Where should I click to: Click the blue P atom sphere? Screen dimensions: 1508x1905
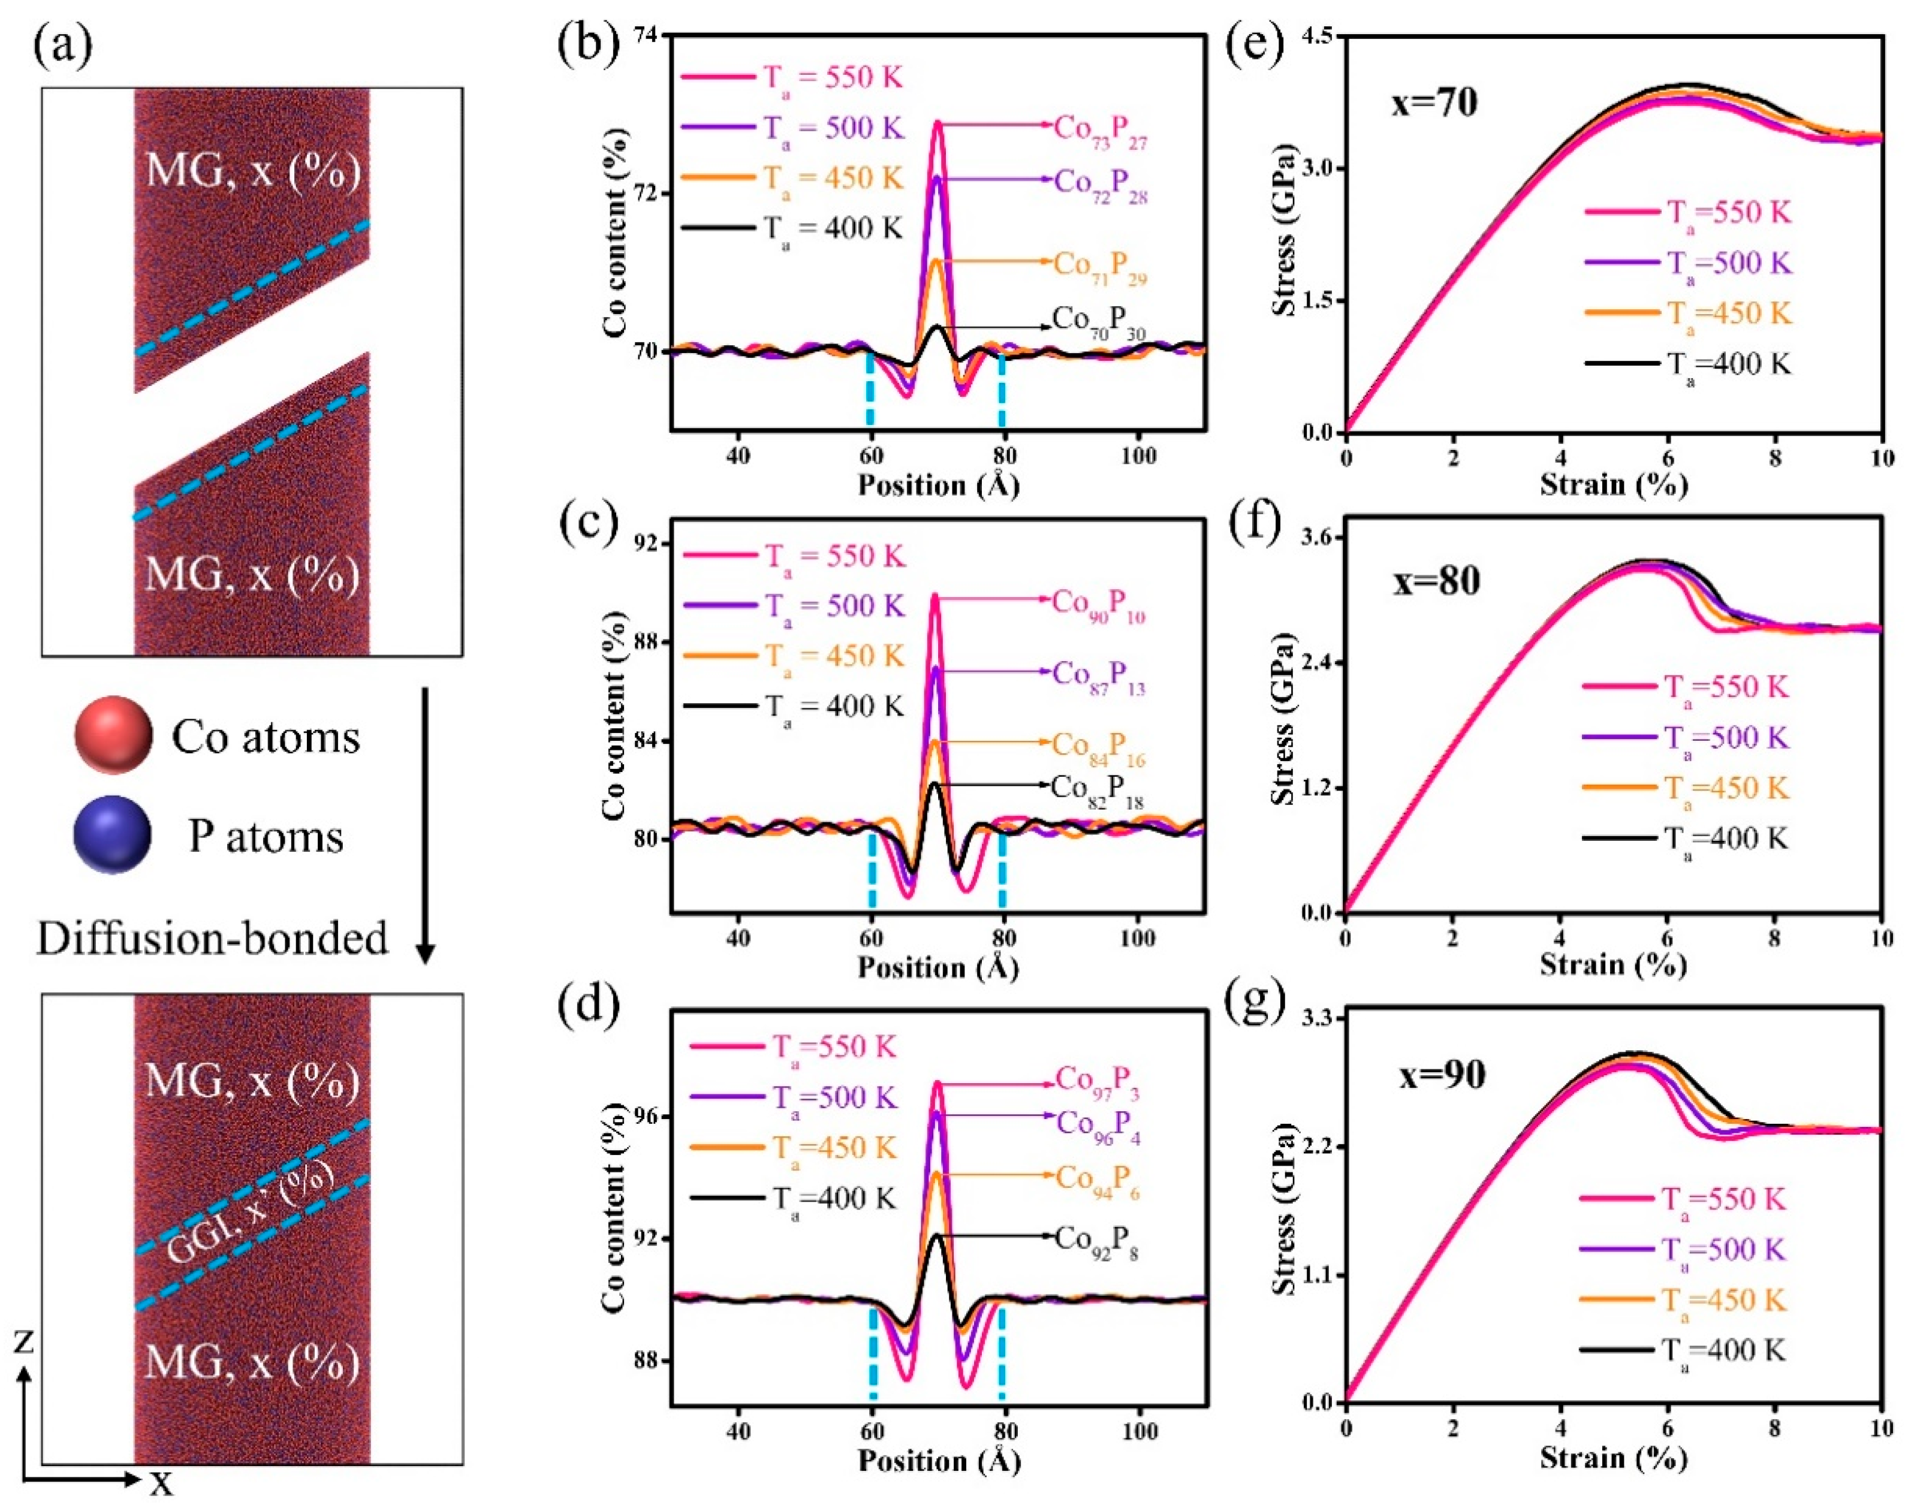point(113,834)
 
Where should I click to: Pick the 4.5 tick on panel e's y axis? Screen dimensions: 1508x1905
point(1315,36)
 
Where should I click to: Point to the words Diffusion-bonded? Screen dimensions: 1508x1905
point(212,937)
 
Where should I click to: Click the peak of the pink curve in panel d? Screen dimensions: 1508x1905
point(938,1082)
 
